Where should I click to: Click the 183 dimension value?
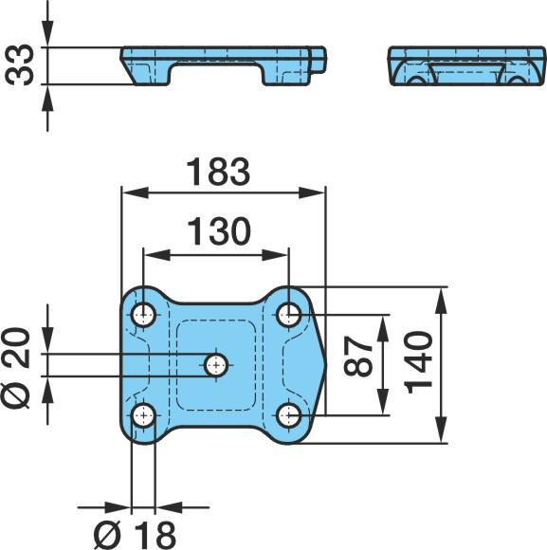tap(218, 172)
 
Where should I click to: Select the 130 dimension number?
tap(219, 231)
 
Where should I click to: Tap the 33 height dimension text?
tap(20, 65)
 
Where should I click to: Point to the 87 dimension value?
tap(358, 356)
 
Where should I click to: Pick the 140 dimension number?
tap(418, 362)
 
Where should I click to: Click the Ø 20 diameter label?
tap(16, 368)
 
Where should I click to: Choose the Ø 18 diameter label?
tap(135, 535)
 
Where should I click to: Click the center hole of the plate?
tap(216, 365)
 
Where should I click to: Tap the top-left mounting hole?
tap(143, 315)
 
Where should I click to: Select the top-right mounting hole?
tap(288, 315)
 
